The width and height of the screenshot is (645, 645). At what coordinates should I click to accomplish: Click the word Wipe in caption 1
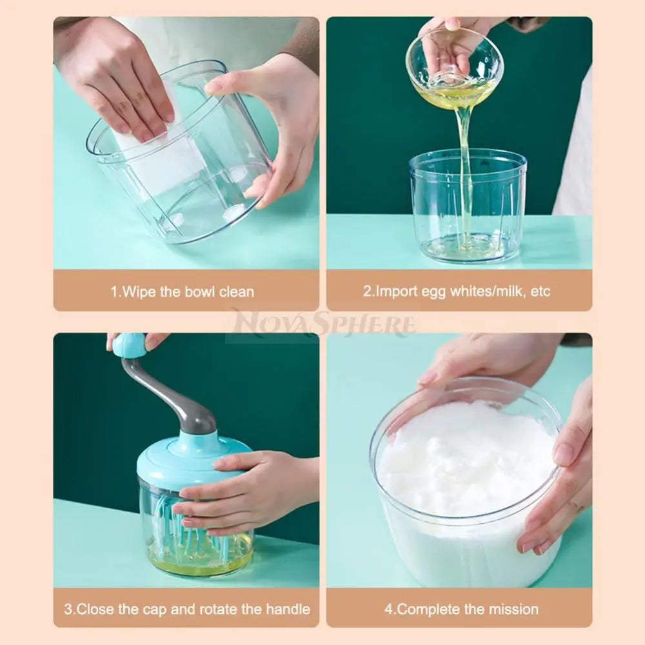[139, 292]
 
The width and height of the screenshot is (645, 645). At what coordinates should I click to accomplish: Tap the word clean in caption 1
[236, 292]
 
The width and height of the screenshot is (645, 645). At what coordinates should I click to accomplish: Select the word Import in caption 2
[399, 292]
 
